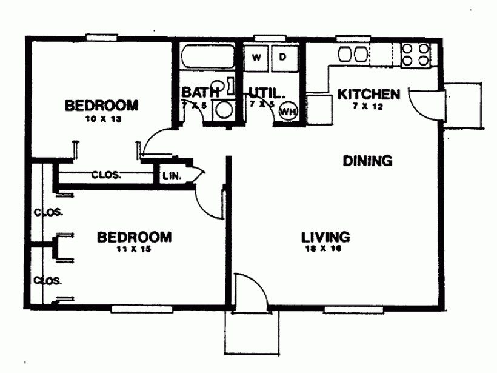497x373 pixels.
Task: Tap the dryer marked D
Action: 283,58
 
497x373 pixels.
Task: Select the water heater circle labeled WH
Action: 288,111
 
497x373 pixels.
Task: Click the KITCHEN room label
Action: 369,94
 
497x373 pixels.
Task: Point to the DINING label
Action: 367,161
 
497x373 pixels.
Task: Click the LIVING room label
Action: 326,236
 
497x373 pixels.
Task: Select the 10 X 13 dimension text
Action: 101,119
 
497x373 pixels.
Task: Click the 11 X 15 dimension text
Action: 134,249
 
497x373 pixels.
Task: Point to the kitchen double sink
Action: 353,55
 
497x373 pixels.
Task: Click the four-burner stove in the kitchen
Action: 416,55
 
